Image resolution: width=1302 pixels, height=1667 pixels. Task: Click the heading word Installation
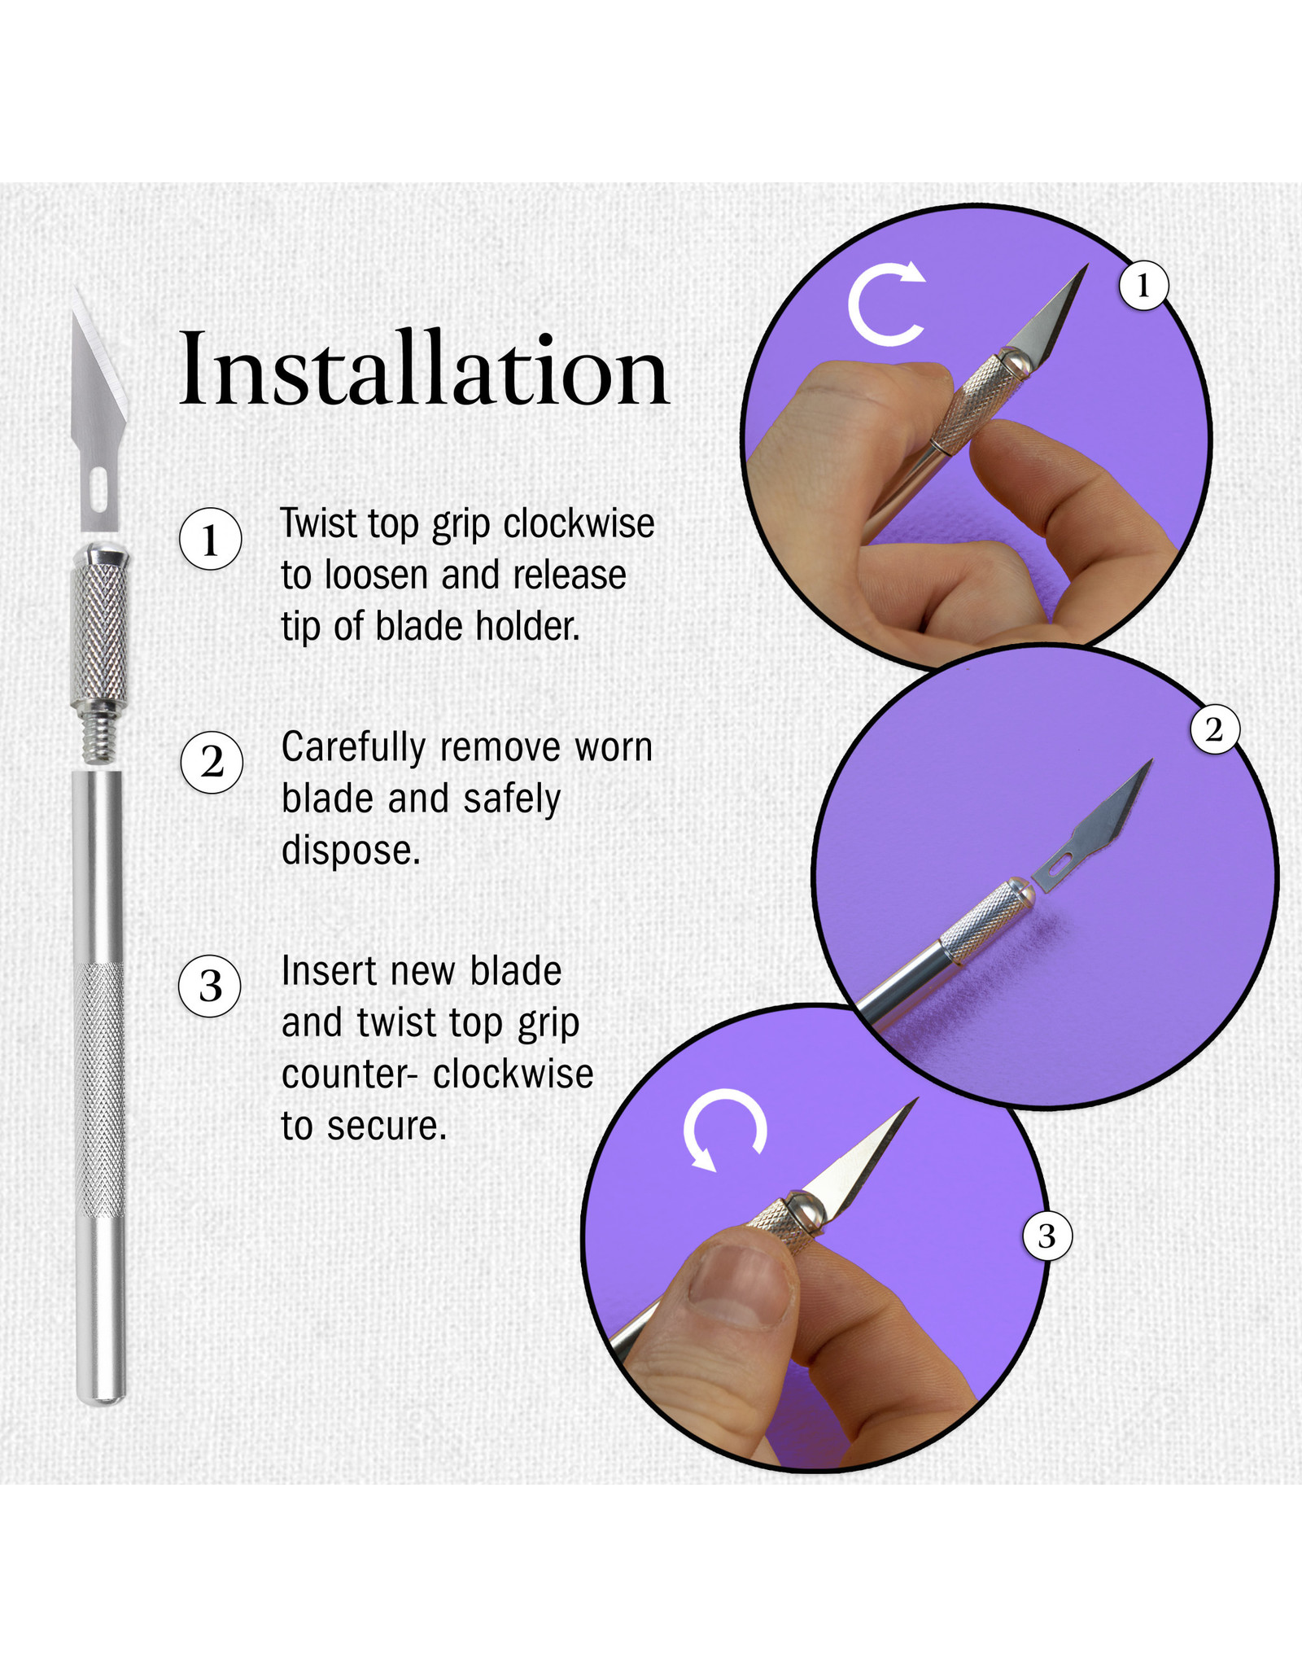click(x=423, y=370)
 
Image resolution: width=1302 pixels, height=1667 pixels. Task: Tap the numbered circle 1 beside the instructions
click(x=211, y=540)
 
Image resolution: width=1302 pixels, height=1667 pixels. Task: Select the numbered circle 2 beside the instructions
click(x=212, y=763)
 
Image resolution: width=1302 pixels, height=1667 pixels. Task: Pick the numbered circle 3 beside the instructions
click(x=211, y=987)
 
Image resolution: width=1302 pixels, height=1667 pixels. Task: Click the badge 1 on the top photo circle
click(x=1143, y=286)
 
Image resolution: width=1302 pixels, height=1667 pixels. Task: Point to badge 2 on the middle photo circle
click(x=1214, y=729)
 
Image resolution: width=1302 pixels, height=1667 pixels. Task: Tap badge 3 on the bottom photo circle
click(x=1046, y=1236)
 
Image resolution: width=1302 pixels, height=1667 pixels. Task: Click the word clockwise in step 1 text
click(x=579, y=524)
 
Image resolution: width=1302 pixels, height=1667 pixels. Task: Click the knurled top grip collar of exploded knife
click(x=98, y=635)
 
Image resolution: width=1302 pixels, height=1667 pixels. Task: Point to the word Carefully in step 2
click(x=353, y=748)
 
